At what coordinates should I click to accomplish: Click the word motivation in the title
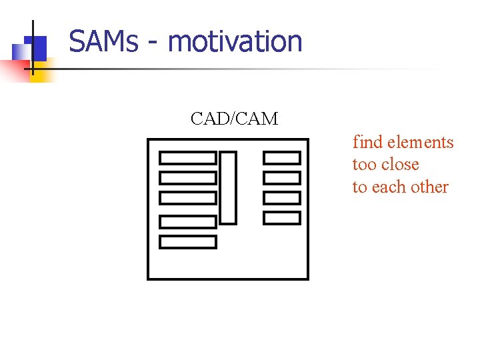click(x=235, y=41)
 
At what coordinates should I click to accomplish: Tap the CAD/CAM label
click(x=234, y=119)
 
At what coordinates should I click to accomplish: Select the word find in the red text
click(x=367, y=142)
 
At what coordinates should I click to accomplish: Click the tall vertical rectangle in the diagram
click(x=228, y=187)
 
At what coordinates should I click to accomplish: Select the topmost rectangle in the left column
click(x=188, y=158)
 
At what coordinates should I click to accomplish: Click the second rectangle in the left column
click(x=188, y=178)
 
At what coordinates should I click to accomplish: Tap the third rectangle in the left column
click(x=188, y=198)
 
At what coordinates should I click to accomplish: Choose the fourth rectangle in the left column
click(x=188, y=221)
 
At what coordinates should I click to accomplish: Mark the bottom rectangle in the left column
click(x=188, y=241)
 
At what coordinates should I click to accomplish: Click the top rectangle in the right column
click(x=281, y=158)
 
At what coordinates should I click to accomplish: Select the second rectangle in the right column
click(x=281, y=178)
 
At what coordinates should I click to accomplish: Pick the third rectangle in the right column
click(x=281, y=198)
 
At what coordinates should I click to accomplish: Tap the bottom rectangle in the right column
click(x=281, y=218)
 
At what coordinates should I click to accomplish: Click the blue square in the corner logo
click(x=37, y=47)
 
